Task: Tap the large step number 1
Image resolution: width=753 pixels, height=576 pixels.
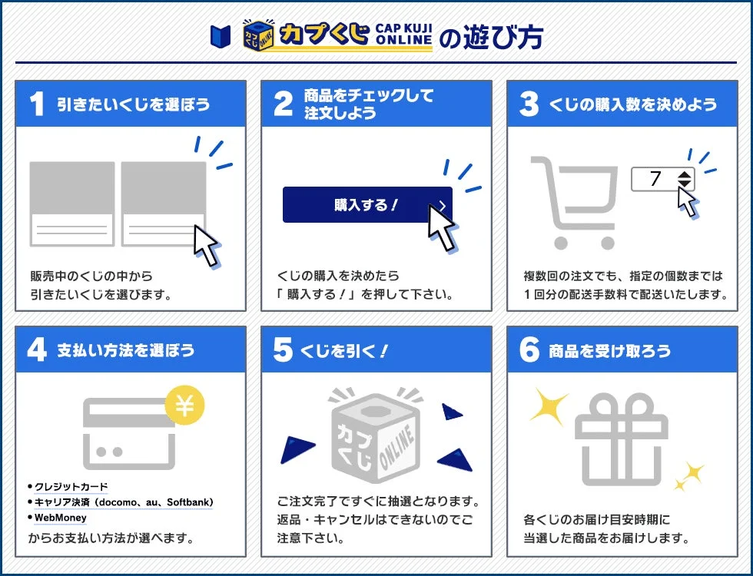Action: [x=36, y=104]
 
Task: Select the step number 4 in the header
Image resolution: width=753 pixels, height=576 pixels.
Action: [x=36, y=350]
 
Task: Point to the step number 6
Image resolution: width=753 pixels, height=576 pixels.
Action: [x=529, y=350]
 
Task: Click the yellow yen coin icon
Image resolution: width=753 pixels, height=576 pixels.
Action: [x=184, y=407]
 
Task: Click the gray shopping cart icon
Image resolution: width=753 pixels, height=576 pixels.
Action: [x=575, y=202]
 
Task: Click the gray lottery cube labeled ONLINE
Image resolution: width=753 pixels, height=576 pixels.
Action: [x=376, y=432]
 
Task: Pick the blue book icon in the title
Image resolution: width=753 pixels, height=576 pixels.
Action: [x=220, y=35]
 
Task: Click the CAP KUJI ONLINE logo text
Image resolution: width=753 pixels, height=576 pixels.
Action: [x=403, y=35]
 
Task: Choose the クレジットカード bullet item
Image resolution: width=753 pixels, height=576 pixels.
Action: [x=71, y=487]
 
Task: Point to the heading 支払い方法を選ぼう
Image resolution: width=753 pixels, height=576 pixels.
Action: [x=126, y=351]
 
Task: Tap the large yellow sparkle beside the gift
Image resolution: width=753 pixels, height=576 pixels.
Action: [x=549, y=406]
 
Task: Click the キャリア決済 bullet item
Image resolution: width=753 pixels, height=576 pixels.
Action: [x=123, y=502]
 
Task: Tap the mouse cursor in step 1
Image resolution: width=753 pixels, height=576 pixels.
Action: [x=206, y=244]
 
